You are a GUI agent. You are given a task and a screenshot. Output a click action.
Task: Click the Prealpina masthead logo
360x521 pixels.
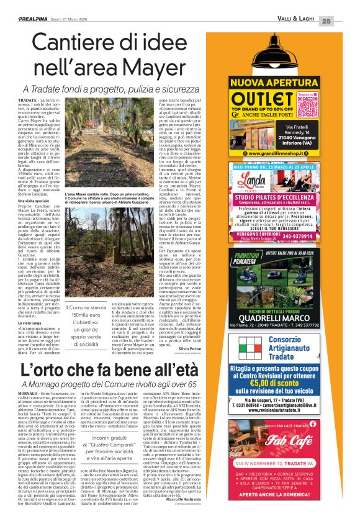pos(38,19)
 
